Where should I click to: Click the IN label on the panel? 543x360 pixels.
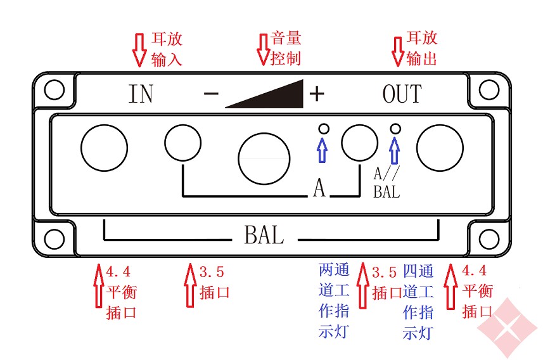[141, 94]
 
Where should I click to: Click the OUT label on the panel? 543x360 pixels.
[402, 94]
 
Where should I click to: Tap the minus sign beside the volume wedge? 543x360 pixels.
[211, 94]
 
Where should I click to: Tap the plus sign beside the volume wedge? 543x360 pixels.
[316, 94]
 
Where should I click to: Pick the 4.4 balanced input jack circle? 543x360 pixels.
[105, 148]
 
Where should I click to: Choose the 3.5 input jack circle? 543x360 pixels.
[183, 142]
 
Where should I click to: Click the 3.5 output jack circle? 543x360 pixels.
[359, 142]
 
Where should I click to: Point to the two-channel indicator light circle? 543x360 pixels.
[323, 129]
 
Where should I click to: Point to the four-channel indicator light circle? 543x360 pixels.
[396, 129]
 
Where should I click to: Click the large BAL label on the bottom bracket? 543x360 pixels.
[264, 236]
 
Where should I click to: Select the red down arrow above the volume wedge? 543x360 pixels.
[262, 49]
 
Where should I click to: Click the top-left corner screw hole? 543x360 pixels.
[54, 89]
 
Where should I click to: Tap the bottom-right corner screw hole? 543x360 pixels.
[489, 239]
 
